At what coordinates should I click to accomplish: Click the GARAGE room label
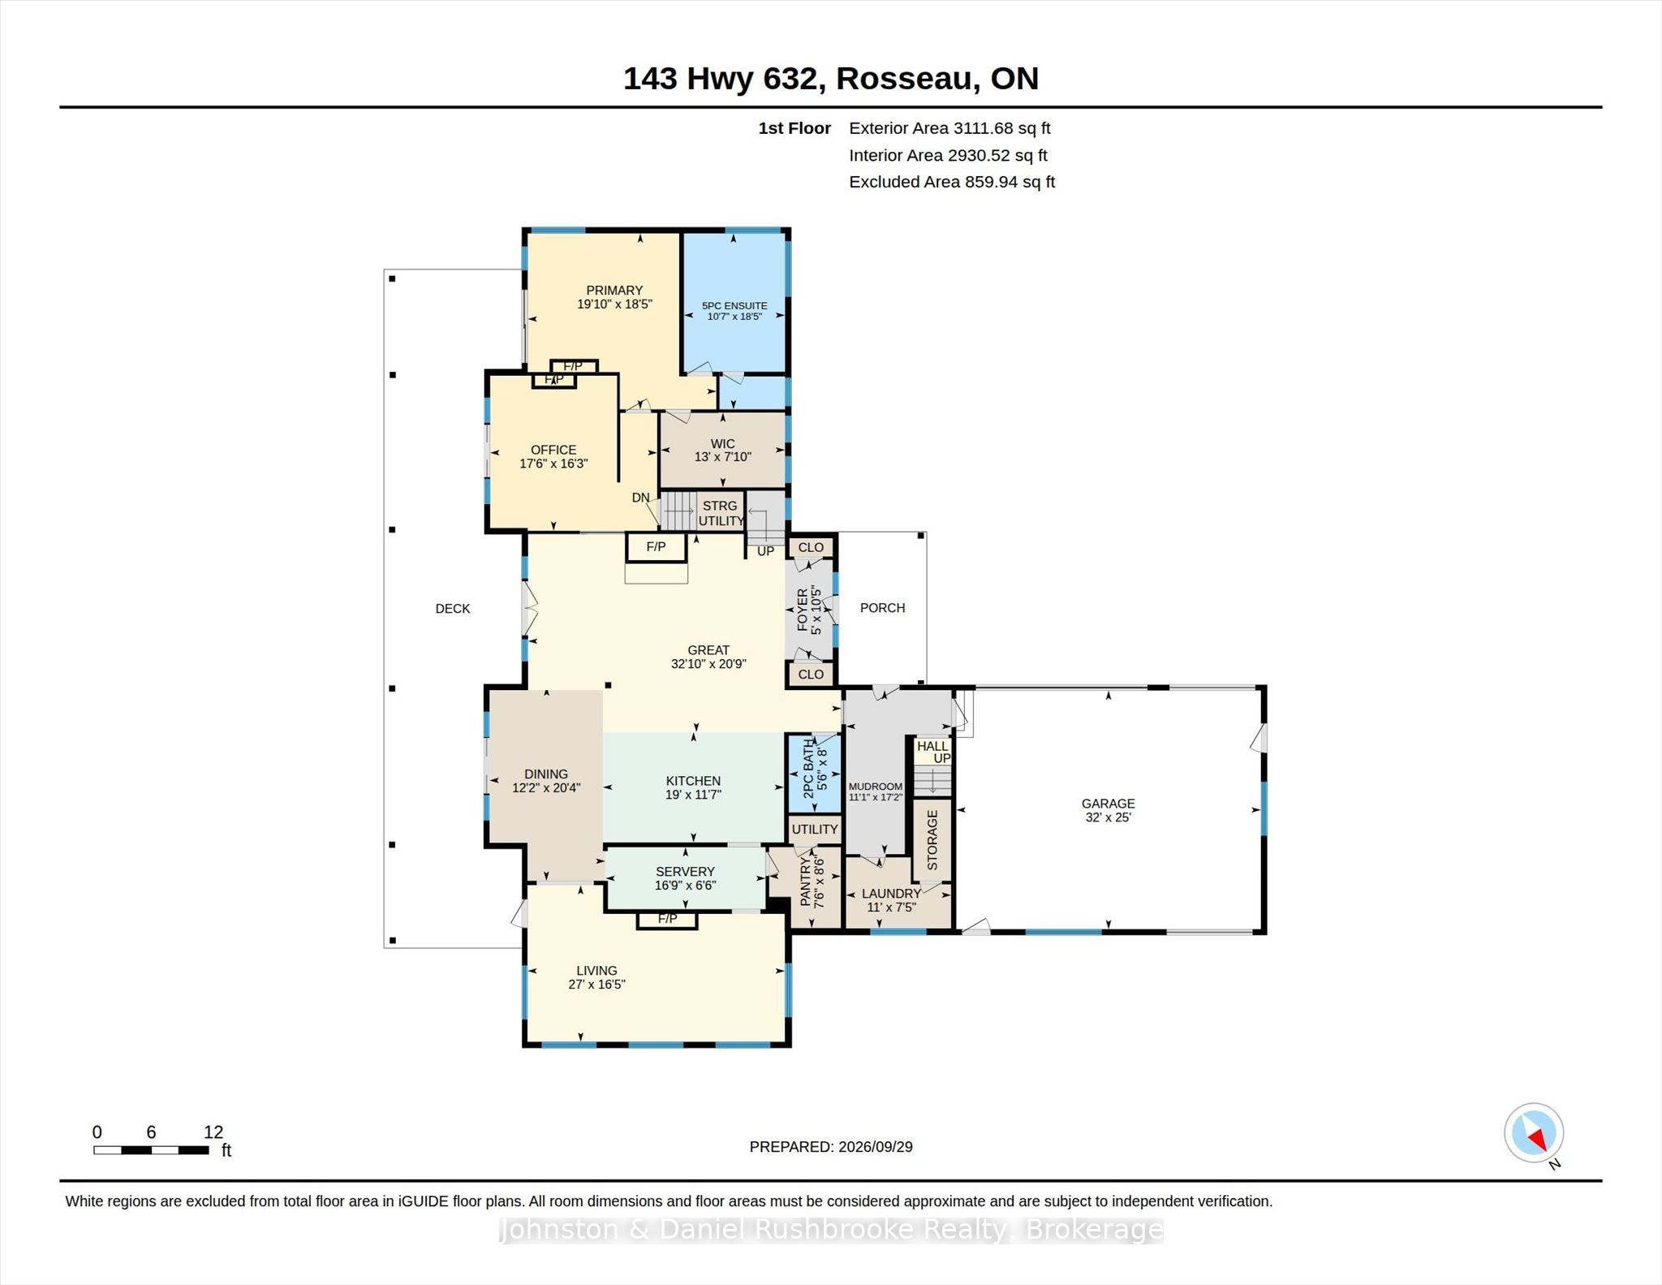point(1108,804)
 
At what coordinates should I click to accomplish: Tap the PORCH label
point(882,608)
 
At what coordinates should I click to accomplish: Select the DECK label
point(453,609)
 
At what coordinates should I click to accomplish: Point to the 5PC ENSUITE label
point(734,306)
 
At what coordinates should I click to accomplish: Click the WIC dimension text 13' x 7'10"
point(722,457)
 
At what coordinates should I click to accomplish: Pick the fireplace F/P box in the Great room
point(656,547)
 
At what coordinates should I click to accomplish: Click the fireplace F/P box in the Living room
point(667,919)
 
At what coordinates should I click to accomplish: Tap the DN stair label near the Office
point(641,498)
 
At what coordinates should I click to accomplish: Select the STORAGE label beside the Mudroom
point(932,840)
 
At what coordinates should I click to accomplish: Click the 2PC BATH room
point(815,774)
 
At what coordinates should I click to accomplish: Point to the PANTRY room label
point(805,882)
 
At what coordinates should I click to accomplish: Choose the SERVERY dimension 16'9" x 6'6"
point(686,886)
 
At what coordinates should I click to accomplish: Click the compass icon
point(1534,1132)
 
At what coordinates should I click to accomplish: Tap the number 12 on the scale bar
point(213,1132)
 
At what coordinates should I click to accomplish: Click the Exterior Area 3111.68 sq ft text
point(949,128)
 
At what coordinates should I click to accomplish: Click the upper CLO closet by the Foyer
point(811,548)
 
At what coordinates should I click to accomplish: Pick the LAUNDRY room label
point(891,894)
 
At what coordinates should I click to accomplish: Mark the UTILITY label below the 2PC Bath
point(815,830)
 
